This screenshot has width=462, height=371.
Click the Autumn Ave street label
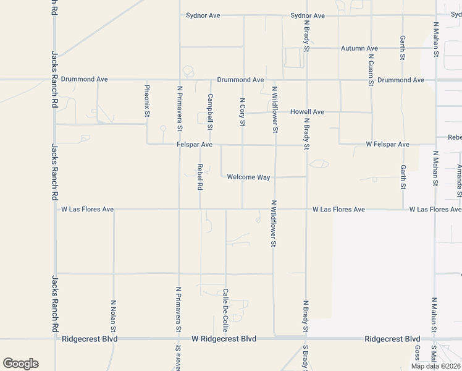coord(359,48)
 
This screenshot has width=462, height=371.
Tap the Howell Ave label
coord(307,112)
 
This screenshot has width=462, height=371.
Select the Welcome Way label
coord(248,177)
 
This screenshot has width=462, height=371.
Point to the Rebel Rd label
coord(200,177)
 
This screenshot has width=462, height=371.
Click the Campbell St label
coord(210,111)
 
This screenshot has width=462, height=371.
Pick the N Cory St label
coord(242,112)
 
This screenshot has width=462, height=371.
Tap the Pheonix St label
coord(147,101)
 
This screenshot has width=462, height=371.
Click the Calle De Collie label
coord(226,310)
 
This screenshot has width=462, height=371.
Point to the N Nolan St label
coord(114,317)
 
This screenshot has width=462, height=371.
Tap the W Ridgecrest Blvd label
coord(224,339)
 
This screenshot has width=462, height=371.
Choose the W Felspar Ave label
coord(387,144)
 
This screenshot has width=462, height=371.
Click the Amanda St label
coord(460,177)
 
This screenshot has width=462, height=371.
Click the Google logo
coord(20,364)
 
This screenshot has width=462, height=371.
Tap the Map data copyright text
coord(435,366)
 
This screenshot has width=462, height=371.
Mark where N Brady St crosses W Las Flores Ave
coord(306,209)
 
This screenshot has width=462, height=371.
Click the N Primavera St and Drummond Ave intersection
coord(179,80)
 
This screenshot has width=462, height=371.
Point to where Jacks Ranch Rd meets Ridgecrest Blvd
coord(55,339)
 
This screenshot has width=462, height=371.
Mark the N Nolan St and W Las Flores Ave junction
coord(114,209)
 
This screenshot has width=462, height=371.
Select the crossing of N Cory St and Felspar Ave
coord(242,145)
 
